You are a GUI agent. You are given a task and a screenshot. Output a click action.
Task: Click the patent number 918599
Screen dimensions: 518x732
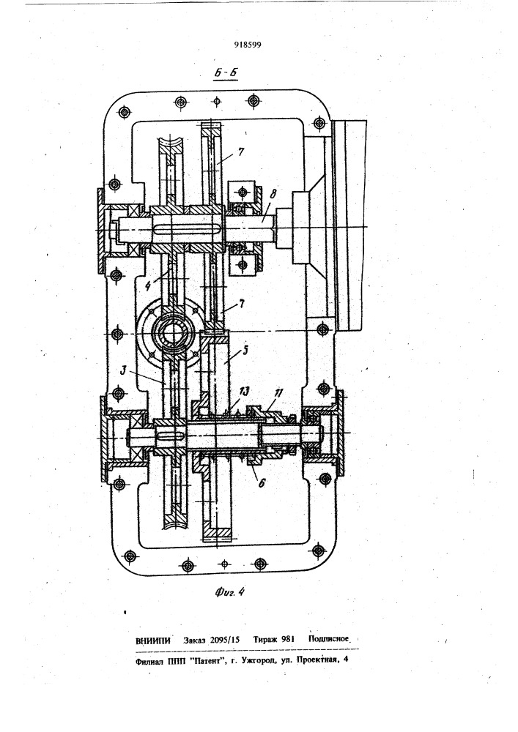248,45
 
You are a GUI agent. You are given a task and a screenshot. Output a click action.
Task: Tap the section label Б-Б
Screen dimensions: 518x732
225,73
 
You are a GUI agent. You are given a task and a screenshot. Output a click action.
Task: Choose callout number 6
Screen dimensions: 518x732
261,483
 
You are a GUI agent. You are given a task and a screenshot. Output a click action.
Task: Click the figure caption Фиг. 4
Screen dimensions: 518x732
229,592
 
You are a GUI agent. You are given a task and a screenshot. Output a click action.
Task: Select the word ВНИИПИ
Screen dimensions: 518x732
152,641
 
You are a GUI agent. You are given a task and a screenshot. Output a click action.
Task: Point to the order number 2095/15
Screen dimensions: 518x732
225,640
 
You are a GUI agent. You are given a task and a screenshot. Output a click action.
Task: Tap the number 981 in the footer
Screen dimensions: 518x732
287,640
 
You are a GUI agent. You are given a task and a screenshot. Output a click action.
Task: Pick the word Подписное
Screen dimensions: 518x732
328,639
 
